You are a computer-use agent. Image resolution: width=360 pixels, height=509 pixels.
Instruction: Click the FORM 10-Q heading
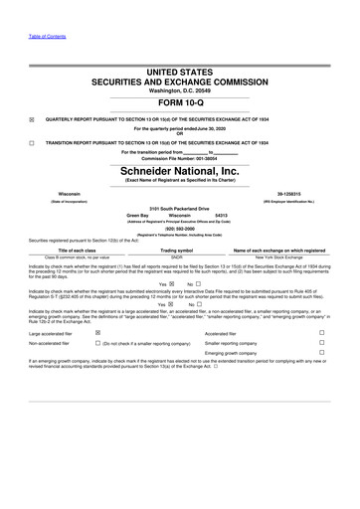click(180, 101)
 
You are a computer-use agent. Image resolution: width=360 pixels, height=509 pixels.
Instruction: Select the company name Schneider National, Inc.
click(180, 169)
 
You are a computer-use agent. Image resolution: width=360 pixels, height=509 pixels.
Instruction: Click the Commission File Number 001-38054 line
click(180, 157)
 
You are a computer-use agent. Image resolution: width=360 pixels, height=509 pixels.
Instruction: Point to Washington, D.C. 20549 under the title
click(180, 89)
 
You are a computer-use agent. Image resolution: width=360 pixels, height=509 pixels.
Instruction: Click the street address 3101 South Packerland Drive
click(180, 207)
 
